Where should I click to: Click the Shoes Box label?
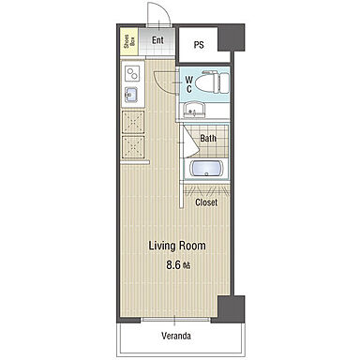(130, 41)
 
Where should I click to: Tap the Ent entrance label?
(157, 40)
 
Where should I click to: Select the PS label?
(199, 45)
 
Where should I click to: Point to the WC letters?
(189, 84)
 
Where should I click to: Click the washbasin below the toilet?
(194, 110)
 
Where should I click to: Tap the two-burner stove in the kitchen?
(132, 74)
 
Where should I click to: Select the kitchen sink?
(131, 95)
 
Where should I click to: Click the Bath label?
(208, 138)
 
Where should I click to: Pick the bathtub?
(206, 169)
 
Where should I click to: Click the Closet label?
(206, 202)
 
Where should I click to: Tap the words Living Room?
(177, 246)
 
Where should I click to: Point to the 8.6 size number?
(173, 265)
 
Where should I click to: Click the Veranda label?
(176, 337)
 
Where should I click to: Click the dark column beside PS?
(231, 37)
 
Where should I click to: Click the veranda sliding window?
(175, 320)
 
